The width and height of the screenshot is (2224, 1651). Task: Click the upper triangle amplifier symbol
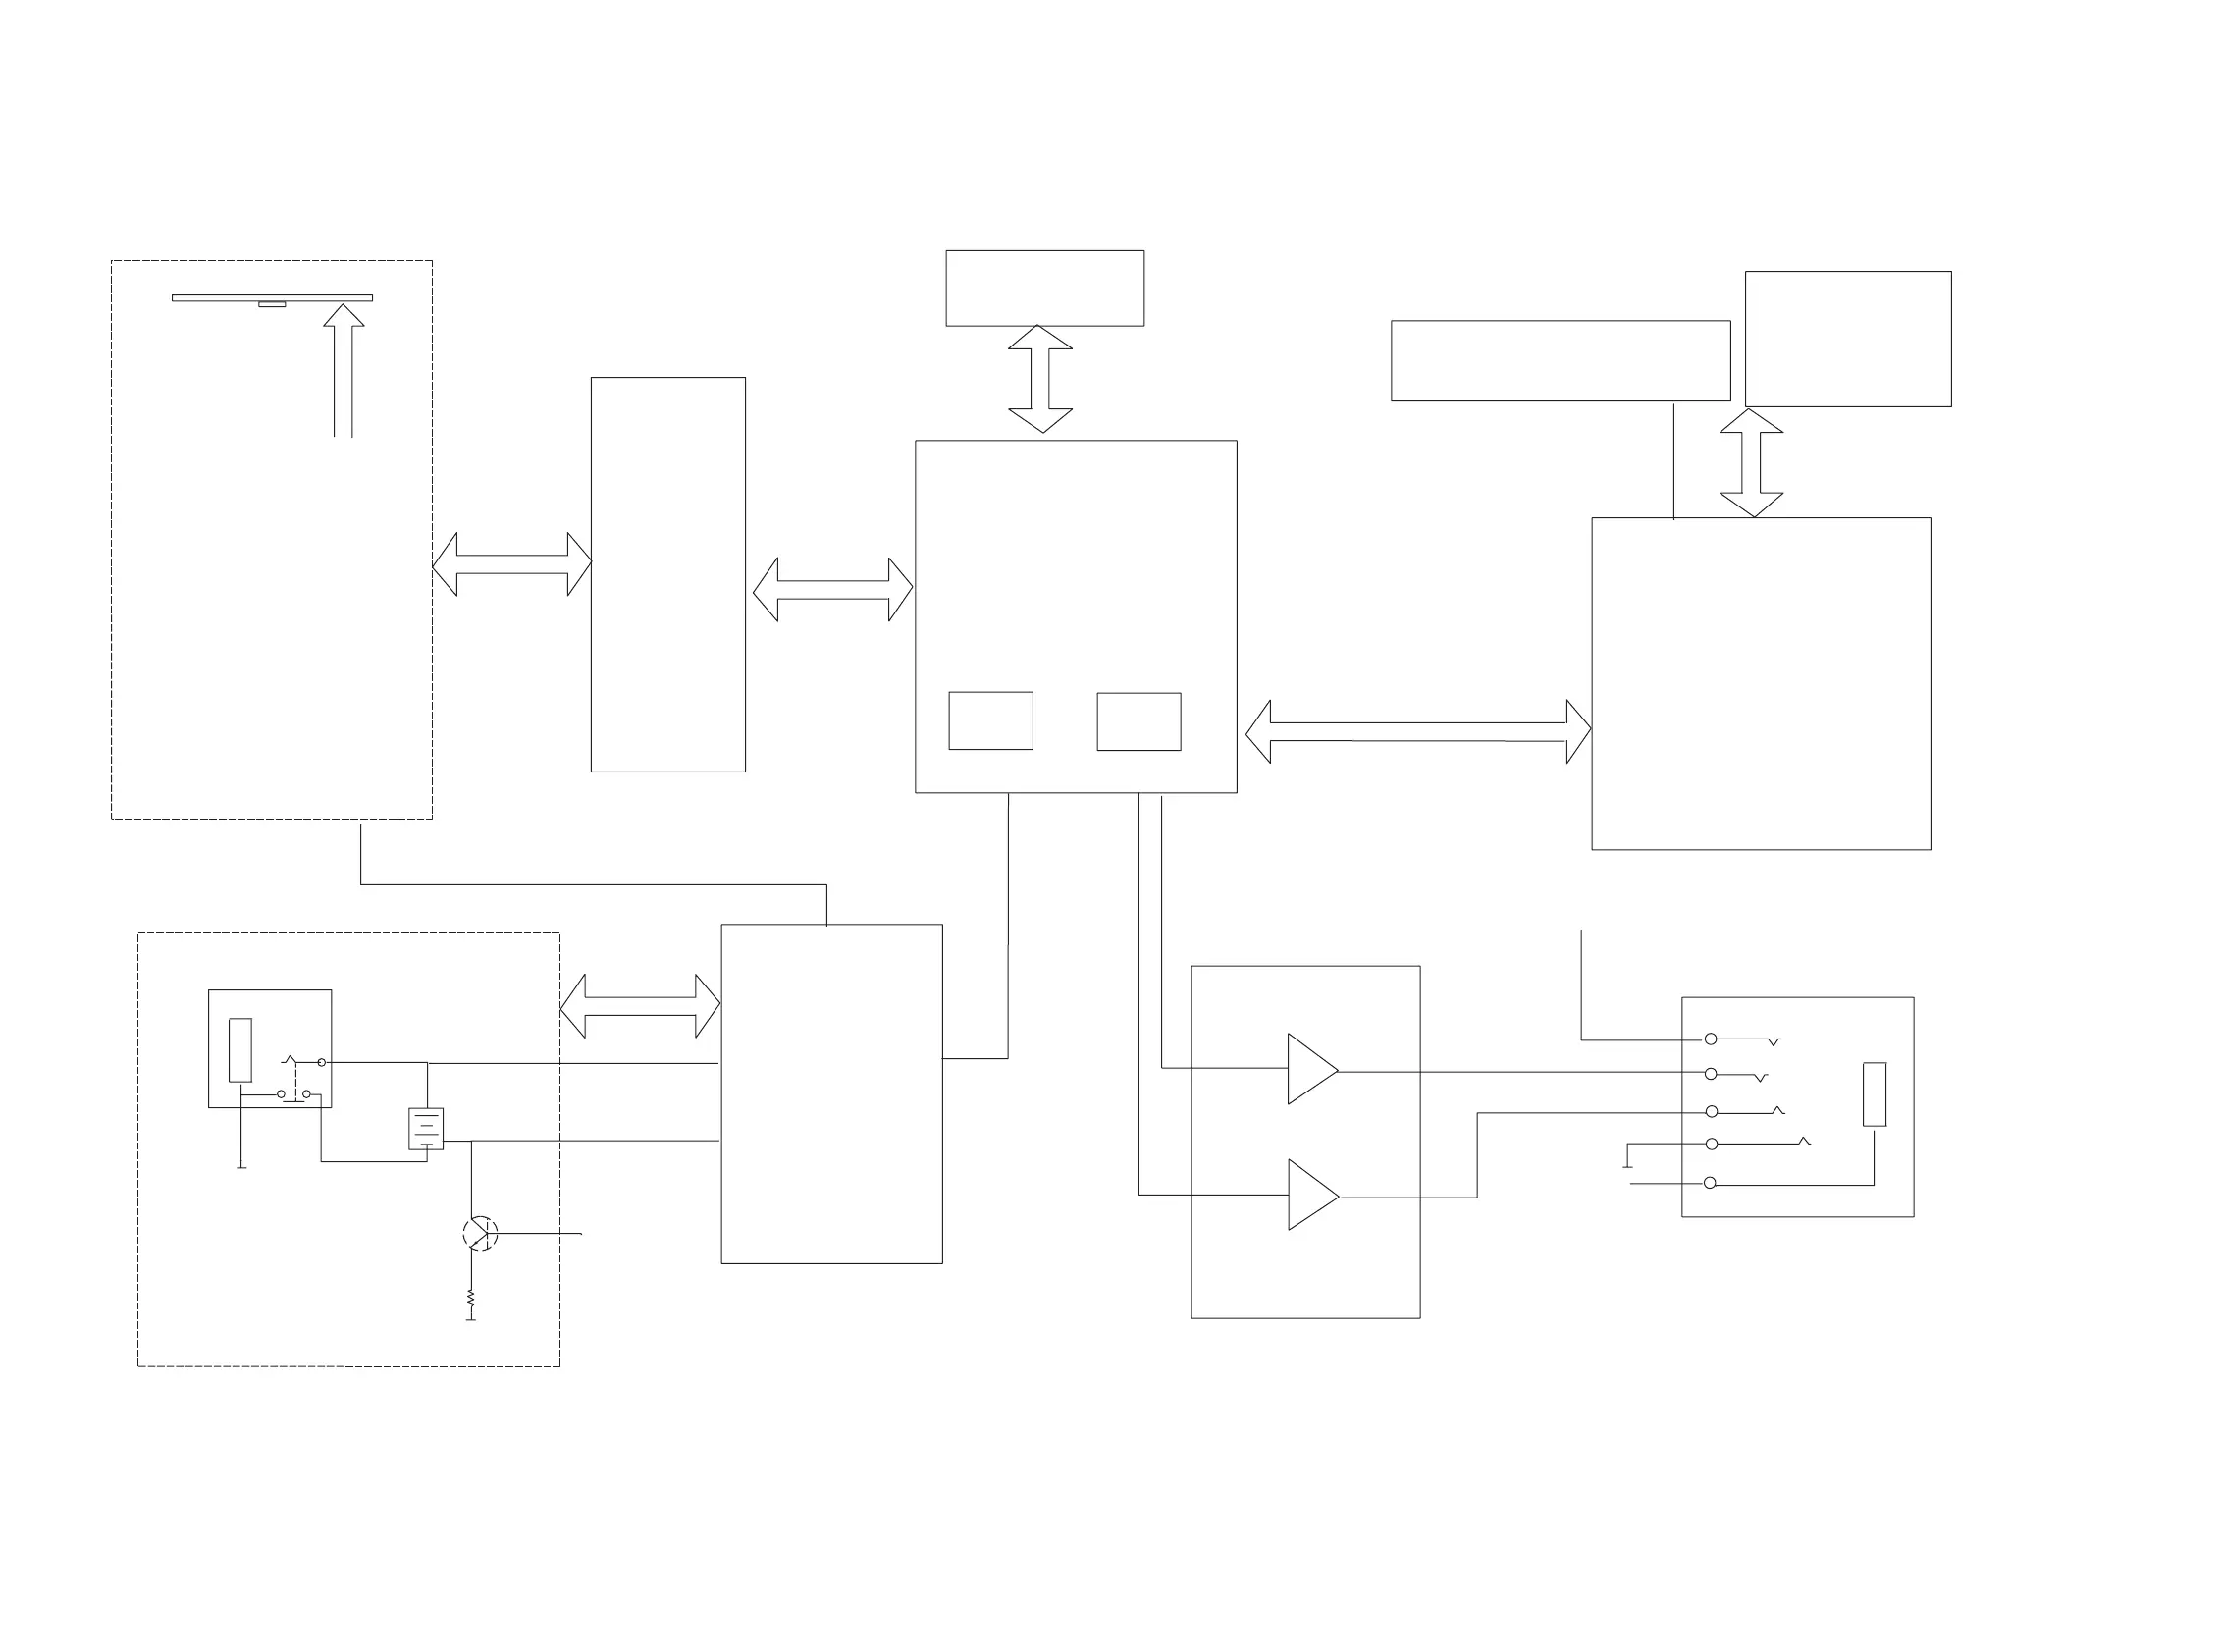1310,1069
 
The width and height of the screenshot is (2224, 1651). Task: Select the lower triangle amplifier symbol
1310,1196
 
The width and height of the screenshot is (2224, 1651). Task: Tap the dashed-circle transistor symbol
480,1233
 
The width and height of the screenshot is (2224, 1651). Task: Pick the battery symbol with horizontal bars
426,1130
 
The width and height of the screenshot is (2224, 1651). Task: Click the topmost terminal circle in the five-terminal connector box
1711,1039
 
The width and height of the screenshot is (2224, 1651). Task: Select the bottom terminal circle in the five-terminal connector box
1710,1184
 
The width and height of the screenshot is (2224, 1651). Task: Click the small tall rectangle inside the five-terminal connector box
1875,1094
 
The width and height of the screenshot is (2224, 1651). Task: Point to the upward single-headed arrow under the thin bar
344,370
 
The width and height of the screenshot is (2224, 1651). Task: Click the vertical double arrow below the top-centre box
1040,379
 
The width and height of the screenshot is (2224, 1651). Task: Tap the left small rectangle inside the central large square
990,720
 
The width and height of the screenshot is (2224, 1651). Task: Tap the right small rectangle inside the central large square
1138,721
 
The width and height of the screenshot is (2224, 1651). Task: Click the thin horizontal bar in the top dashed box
272,297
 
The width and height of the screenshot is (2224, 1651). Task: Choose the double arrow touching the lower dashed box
641,1005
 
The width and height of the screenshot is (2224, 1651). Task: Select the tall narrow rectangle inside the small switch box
239,1049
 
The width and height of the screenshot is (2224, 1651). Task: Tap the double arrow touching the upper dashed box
511,564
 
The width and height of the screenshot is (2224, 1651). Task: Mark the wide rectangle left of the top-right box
1560,361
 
